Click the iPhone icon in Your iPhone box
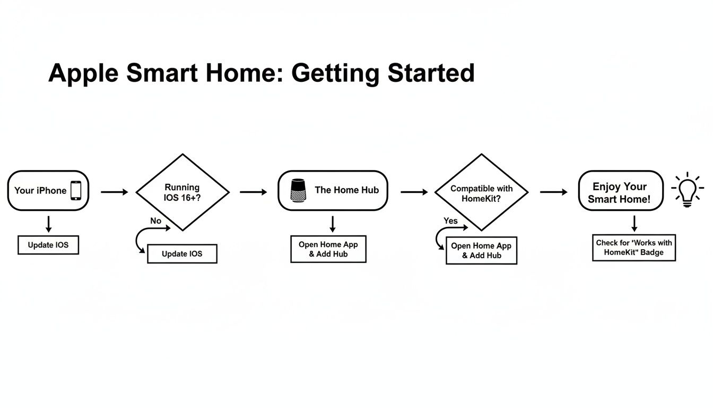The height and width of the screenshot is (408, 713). pyautogui.click(x=76, y=191)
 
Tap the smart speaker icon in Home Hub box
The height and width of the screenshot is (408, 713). pyautogui.click(x=299, y=190)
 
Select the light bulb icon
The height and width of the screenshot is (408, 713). pyautogui.click(x=687, y=189)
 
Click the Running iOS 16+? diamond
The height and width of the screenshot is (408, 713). pyautogui.click(x=182, y=192)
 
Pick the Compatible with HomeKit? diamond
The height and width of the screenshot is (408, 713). pyautogui.click(x=481, y=192)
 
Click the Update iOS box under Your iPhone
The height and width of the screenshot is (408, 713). pyautogui.click(x=48, y=245)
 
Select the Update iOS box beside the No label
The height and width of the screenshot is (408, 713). pyautogui.click(x=182, y=254)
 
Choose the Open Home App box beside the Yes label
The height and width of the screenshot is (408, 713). pyautogui.click(x=481, y=251)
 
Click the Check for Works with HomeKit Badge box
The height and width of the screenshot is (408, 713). pyautogui.click(x=634, y=248)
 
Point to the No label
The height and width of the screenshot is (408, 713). pyautogui.click(x=155, y=220)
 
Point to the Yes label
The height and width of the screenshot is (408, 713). pyautogui.click(x=450, y=220)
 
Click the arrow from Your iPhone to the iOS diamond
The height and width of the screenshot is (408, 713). pyautogui.click(x=114, y=192)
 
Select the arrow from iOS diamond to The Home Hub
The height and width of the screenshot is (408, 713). pyautogui.click(x=254, y=192)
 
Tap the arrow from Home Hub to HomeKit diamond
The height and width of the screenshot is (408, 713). pyautogui.click(x=414, y=192)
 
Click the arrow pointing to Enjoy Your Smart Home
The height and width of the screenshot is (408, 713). pyautogui.click(x=553, y=192)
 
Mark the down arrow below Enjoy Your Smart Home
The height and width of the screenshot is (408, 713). pyautogui.click(x=634, y=223)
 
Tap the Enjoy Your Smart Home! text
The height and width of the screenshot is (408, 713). pyautogui.click(x=619, y=193)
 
